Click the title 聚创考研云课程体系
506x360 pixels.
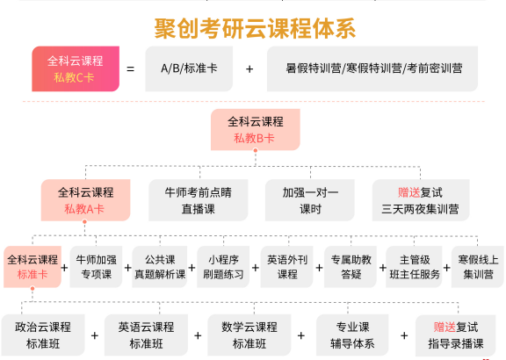click(255, 28)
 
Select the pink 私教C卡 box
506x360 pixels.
click(76, 68)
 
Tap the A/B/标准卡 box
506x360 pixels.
click(189, 68)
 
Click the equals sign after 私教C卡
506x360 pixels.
click(130, 69)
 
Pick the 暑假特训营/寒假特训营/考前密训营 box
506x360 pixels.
click(372, 68)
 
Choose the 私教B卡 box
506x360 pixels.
click(256, 130)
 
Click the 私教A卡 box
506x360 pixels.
click(85, 200)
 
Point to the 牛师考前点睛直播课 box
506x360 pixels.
click(199, 200)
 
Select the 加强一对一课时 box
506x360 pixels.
click(310, 200)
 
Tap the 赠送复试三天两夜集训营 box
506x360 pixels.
click(421, 200)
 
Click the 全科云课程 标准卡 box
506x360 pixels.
click(33, 267)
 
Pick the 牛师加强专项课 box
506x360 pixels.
click(96, 267)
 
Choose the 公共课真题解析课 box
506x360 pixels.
click(160, 267)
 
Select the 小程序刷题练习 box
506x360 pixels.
click(223, 267)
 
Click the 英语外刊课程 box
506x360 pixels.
click(287, 267)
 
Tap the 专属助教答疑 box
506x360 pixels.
click(351, 267)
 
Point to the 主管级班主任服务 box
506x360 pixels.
click(414, 267)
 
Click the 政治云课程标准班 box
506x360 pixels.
click(43, 335)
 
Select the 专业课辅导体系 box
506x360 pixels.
click(352, 335)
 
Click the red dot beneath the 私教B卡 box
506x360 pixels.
click(256, 150)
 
